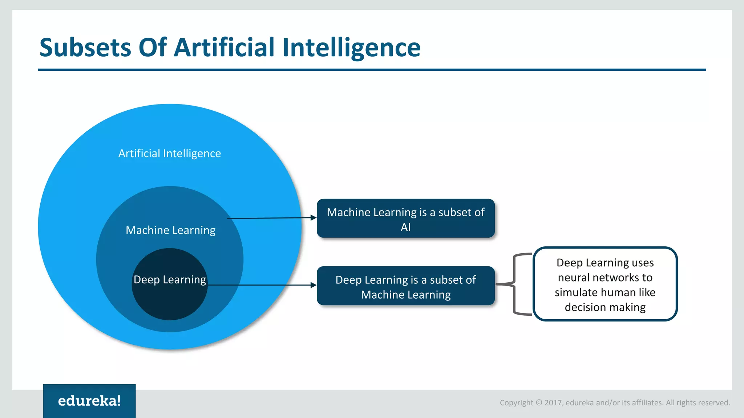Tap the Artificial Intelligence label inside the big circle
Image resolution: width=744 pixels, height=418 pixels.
169,153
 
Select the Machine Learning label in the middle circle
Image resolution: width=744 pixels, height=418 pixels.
170,230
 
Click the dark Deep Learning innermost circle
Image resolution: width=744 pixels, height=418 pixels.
170,301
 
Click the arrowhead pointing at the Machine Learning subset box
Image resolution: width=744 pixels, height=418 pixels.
313,218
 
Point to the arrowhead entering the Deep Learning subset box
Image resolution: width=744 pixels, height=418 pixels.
313,285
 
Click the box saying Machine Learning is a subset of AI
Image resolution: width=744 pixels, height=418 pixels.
405,218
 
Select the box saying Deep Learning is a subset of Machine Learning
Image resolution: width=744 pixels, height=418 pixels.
405,286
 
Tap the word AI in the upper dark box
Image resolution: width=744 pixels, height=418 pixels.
405,228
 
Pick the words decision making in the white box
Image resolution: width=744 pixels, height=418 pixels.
605,307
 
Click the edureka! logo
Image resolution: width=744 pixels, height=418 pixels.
89,401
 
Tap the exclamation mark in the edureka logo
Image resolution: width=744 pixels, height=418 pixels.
118,400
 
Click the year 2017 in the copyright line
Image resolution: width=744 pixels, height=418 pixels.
553,403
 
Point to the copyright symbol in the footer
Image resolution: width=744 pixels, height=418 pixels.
539,403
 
